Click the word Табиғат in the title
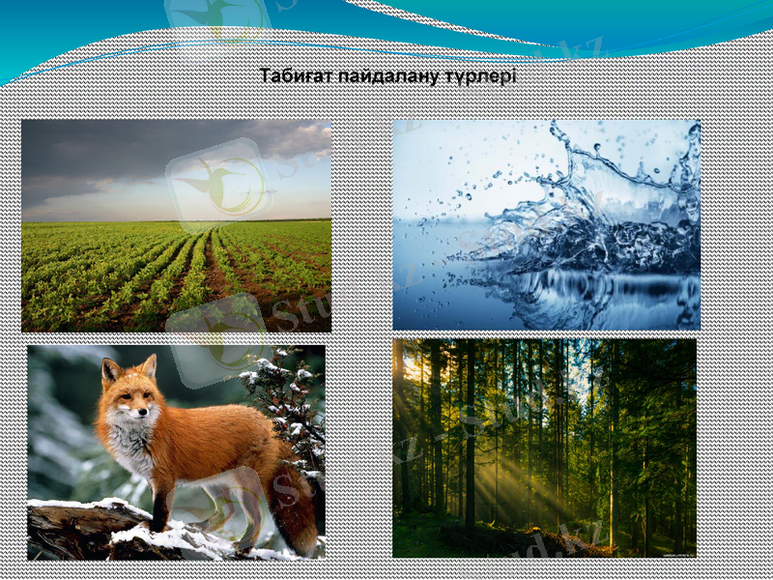tap(294, 76)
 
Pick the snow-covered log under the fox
tap(87, 527)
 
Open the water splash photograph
tap(546, 224)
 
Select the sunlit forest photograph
tap(544, 447)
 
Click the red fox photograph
tap(176, 452)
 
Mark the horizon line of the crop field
tap(176, 221)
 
